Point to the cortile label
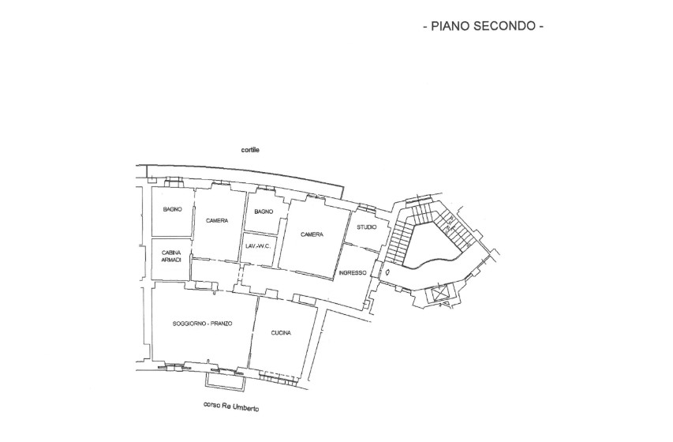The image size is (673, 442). (251, 149)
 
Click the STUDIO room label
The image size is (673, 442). (367, 227)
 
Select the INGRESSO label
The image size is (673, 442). (352, 273)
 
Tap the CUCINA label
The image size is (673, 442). (281, 333)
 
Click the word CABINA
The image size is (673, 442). (171, 253)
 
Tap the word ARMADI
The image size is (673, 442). (171, 260)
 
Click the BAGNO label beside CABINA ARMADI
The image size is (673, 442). (173, 209)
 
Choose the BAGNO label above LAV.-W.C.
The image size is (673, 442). (263, 212)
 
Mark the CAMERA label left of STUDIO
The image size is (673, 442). (312, 234)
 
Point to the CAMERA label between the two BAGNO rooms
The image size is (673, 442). (217, 220)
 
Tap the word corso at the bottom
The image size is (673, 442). (211, 406)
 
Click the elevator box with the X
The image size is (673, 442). (438, 294)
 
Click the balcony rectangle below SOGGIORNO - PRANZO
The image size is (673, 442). (225, 380)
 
